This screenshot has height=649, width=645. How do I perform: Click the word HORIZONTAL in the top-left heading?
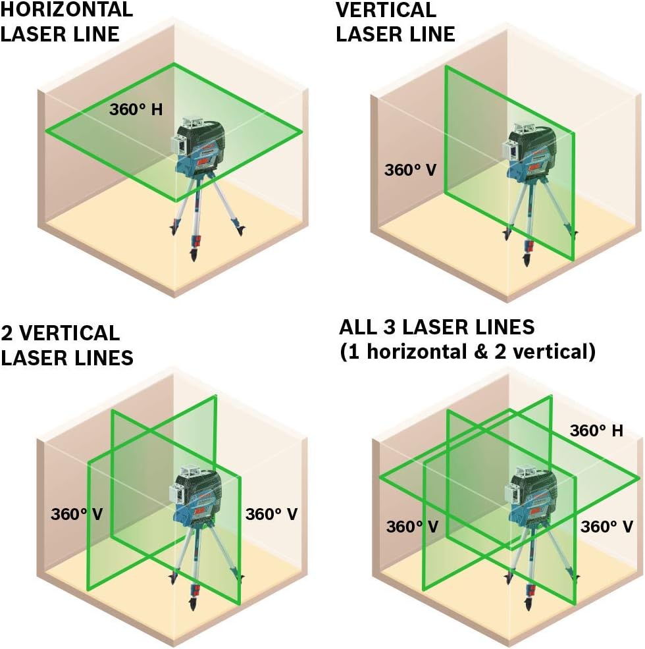click(66, 9)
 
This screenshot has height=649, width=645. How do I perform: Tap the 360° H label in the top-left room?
click(136, 109)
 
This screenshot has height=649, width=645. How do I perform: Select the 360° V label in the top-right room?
click(410, 169)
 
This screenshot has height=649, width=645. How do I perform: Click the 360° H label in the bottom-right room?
click(596, 430)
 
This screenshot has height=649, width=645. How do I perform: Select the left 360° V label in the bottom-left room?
click(76, 513)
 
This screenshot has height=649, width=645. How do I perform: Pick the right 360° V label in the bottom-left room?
click(271, 513)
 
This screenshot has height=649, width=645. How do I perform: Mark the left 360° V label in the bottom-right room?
click(412, 527)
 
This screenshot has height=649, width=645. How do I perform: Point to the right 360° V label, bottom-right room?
click(606, 527)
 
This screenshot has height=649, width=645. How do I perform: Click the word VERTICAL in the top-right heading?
click(386, 10)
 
